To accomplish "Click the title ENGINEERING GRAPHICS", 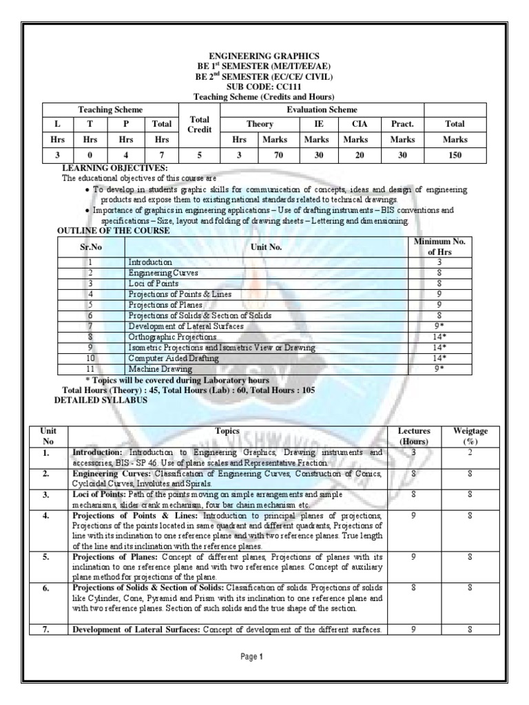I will tap(264, 55).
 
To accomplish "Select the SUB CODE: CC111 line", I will tap(264, 87).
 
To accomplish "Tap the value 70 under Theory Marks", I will tap(278, 156).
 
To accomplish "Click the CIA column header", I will tap(355, 124).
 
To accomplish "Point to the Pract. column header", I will tap(402, 124).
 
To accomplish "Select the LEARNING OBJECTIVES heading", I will tap(115, 168).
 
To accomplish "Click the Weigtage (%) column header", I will tap(470, 436).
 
